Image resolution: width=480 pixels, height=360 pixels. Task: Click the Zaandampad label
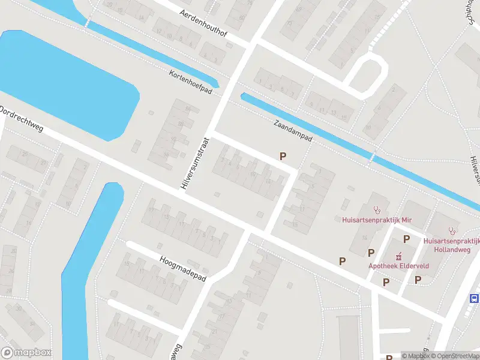(293, 130)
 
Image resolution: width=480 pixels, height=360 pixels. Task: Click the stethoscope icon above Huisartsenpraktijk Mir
(377, 210)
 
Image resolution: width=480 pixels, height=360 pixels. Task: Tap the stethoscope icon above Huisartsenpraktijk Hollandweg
(453, 230)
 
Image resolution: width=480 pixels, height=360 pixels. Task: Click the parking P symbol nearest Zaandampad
(283, 156)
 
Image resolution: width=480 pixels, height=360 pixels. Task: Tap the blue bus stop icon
(474, 298)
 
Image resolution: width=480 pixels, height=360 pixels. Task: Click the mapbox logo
(26, 353)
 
